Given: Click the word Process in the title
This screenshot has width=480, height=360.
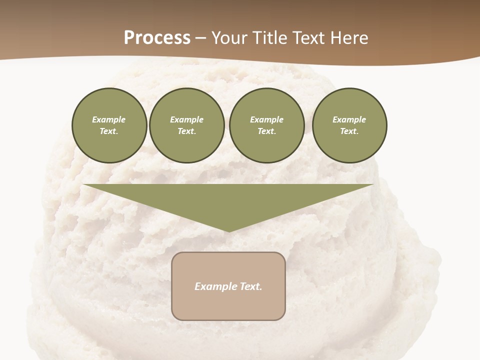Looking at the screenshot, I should [157, 38].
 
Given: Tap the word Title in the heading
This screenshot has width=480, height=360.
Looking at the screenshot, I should [269, 38].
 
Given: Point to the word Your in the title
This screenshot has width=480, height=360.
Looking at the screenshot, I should [229, 38].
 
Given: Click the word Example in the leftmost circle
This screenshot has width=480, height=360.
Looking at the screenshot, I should [109, 119].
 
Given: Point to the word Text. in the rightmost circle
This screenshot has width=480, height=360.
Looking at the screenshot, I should [349, 131].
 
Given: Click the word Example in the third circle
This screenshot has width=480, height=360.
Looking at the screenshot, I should [266, 119].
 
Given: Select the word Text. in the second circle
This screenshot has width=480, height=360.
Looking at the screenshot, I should [187, 131].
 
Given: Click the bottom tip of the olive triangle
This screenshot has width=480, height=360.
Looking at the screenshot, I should [229, 230].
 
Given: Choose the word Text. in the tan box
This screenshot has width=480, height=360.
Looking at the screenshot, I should [251, 286].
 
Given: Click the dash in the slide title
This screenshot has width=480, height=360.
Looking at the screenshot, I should [201, 38].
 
